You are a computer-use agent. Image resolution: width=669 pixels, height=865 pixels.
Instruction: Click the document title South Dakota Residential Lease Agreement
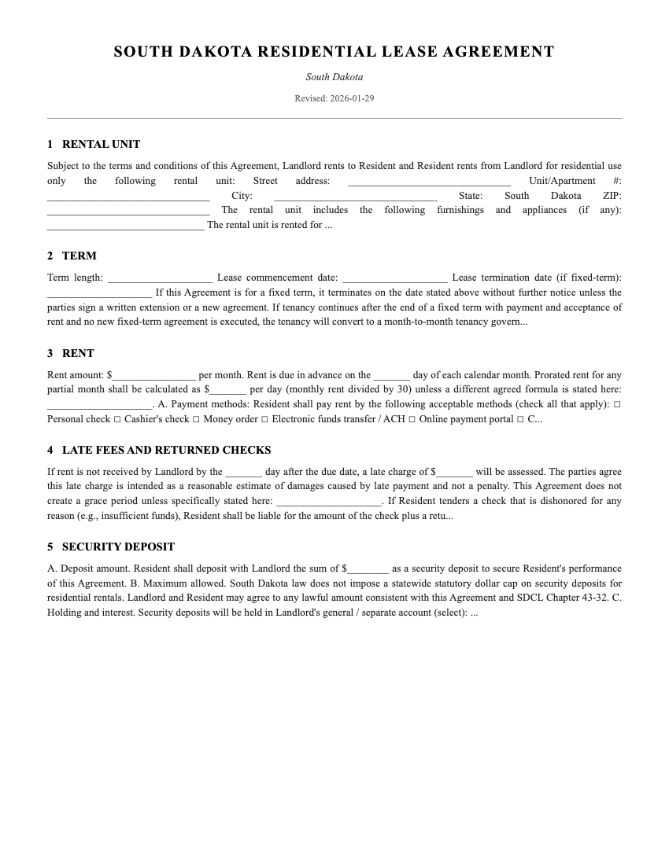[x=334, y=52]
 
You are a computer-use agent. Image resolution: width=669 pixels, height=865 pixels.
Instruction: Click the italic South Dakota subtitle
[x=334, y=77]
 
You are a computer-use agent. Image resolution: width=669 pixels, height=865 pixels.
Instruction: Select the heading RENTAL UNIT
[x=101, y=144]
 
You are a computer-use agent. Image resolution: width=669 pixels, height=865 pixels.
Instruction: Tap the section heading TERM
[x=79, y=256]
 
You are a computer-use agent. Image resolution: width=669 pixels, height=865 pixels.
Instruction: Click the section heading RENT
[x=78, y=353]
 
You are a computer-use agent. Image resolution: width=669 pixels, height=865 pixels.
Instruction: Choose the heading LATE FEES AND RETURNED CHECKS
[x=166, y=450]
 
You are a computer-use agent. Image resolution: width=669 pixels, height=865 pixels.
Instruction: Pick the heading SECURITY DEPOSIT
[x=118, y=547]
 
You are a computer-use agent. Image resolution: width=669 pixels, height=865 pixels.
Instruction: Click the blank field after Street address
[x=429, y=182]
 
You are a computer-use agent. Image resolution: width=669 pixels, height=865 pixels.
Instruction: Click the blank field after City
[x=355, y=197]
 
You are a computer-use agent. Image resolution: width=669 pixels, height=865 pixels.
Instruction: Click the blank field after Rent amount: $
[x=153, y=376]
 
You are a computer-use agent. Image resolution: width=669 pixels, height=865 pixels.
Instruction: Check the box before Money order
[x=196, y=420]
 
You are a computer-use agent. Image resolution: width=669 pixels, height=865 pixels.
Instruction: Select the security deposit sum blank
[x=368, y=569]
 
